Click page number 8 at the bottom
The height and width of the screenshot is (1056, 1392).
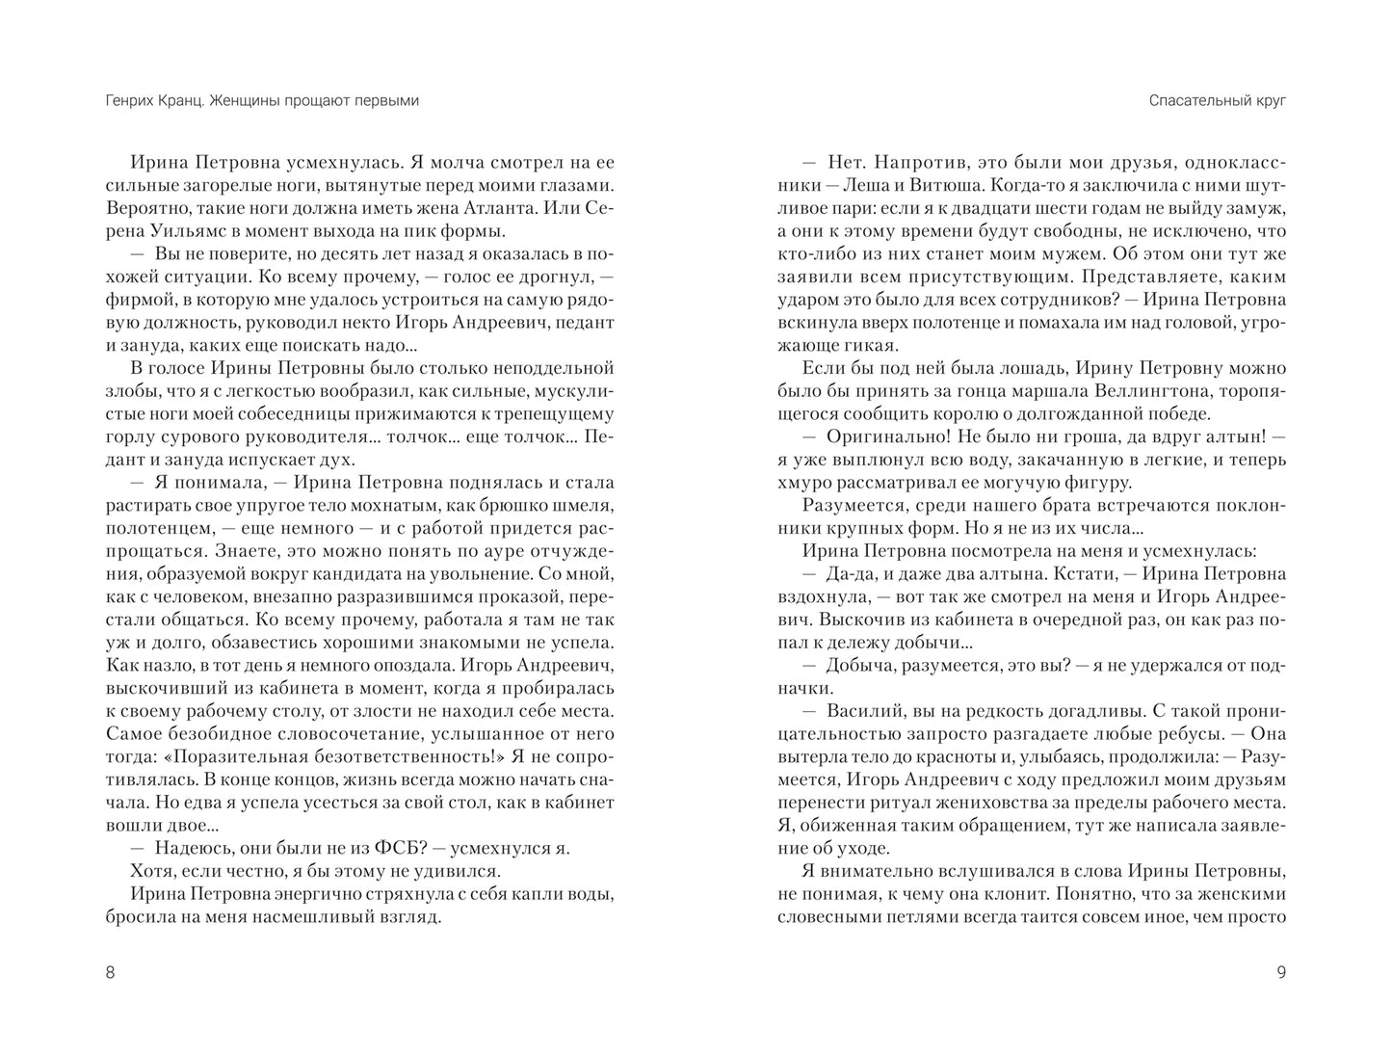click(109, 972)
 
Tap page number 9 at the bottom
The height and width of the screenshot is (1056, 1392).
click(1280, 972)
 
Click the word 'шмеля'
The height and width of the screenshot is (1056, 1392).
click(585, 505)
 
